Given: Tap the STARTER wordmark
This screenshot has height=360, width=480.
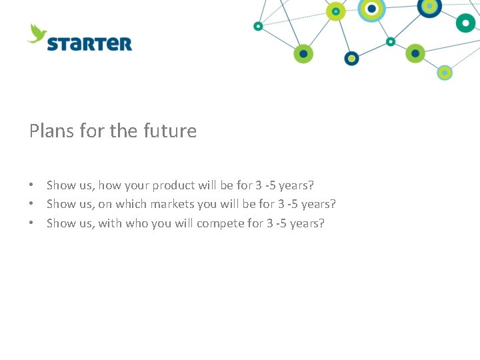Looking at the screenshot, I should (x=89, y=44).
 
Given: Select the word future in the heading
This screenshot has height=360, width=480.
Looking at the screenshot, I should (x=169, y=131).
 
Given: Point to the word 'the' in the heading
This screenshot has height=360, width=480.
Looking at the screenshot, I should (x=123, y=131).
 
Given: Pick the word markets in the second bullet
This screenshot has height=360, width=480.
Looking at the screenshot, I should (x=193, y=204).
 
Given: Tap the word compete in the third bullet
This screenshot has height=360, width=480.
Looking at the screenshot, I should (x=221, y=223).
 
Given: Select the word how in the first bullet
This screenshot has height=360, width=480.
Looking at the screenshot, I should (x=111, y=185).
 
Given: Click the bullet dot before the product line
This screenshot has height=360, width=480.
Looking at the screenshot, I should (x=31, y=185).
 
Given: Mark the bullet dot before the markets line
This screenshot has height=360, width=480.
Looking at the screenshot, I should (x=31, y=204).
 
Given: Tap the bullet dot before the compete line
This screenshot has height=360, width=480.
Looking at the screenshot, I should (x=31, y=223).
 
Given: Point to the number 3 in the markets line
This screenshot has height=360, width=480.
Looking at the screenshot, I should (x=281, y=204).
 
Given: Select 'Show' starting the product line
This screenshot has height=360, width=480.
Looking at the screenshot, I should (x=61, y=185).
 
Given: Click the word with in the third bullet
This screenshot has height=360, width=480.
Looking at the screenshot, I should (x=110, y=223).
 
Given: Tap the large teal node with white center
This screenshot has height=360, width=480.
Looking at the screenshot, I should (x=465, y=22).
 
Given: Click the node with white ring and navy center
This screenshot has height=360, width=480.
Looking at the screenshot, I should (x=371, y=8).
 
